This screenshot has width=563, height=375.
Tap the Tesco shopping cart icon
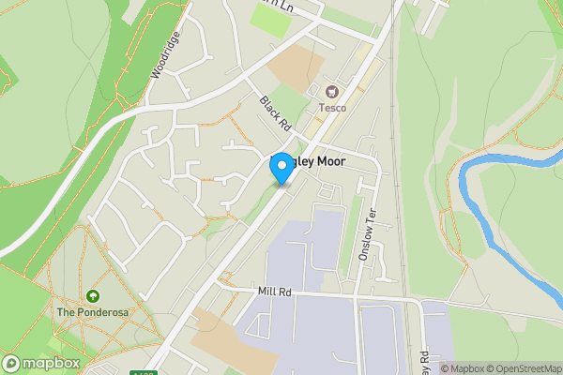point(331,92)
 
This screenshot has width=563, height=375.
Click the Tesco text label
point(331,108)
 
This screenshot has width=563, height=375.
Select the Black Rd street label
point(277,114)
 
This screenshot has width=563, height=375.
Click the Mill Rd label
point(274,292)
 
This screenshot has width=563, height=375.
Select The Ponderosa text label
point(91,311)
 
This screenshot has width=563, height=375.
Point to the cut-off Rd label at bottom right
point(424,359)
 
